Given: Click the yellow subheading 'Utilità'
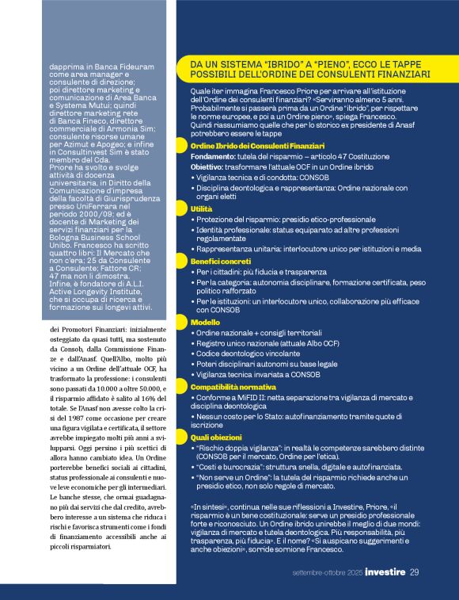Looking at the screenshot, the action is (x=201, y=209).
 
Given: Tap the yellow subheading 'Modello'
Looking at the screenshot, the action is (x=205, y=323).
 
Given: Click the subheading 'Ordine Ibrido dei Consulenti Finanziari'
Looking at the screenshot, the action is (x=257, y=147).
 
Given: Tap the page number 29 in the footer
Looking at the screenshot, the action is (x=414, y=572).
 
